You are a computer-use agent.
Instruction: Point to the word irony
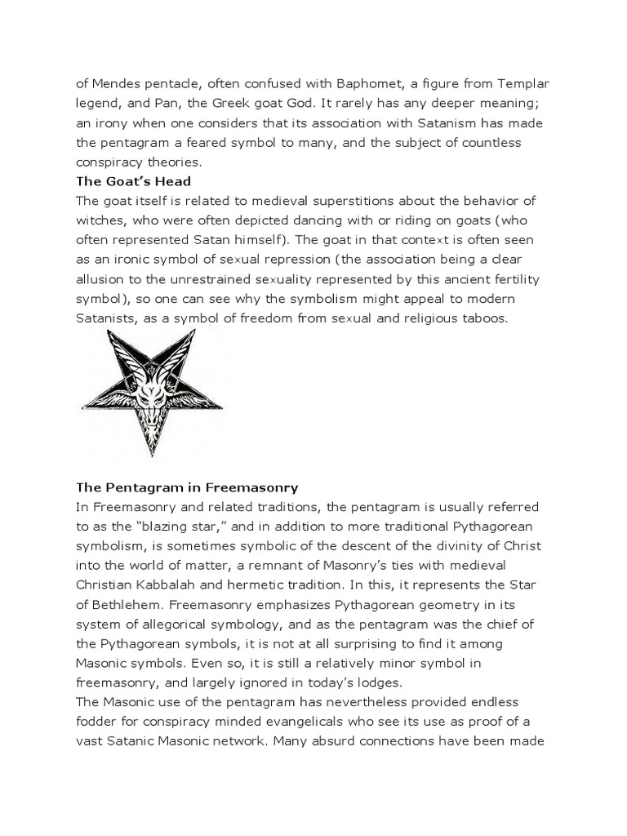[x=110, y=122]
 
